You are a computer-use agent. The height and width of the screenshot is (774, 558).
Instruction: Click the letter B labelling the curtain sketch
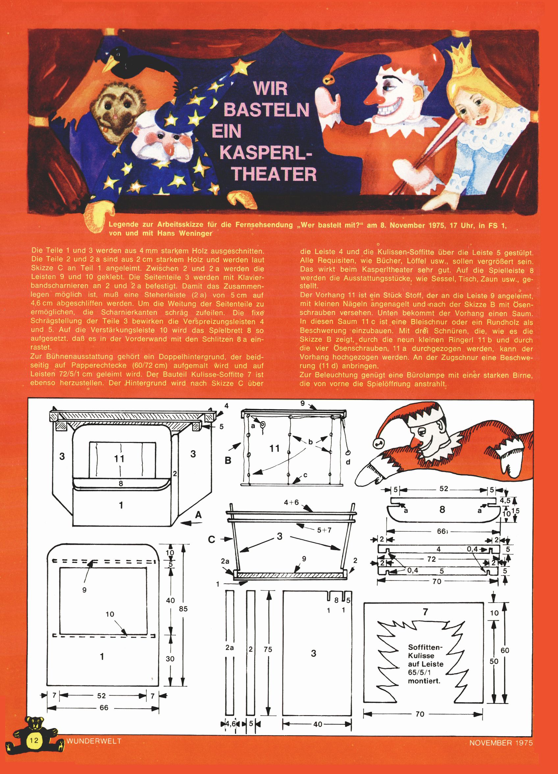pyautogui.click(x=228, y=460)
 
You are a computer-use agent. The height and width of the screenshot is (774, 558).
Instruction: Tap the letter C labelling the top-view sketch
pyautogui.click(x=211, y=540)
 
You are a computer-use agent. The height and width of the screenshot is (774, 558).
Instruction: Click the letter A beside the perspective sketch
pyautogui.click(x=198, y=516)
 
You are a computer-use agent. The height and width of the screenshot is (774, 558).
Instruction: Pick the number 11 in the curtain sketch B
pyautogui.click(x=274, y=449)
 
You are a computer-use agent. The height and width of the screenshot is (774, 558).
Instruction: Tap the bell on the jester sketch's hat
pyautogui.click(x=378, y=443)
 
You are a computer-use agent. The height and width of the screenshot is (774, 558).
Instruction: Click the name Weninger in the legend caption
pyautogui.click(x=195, y=233)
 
